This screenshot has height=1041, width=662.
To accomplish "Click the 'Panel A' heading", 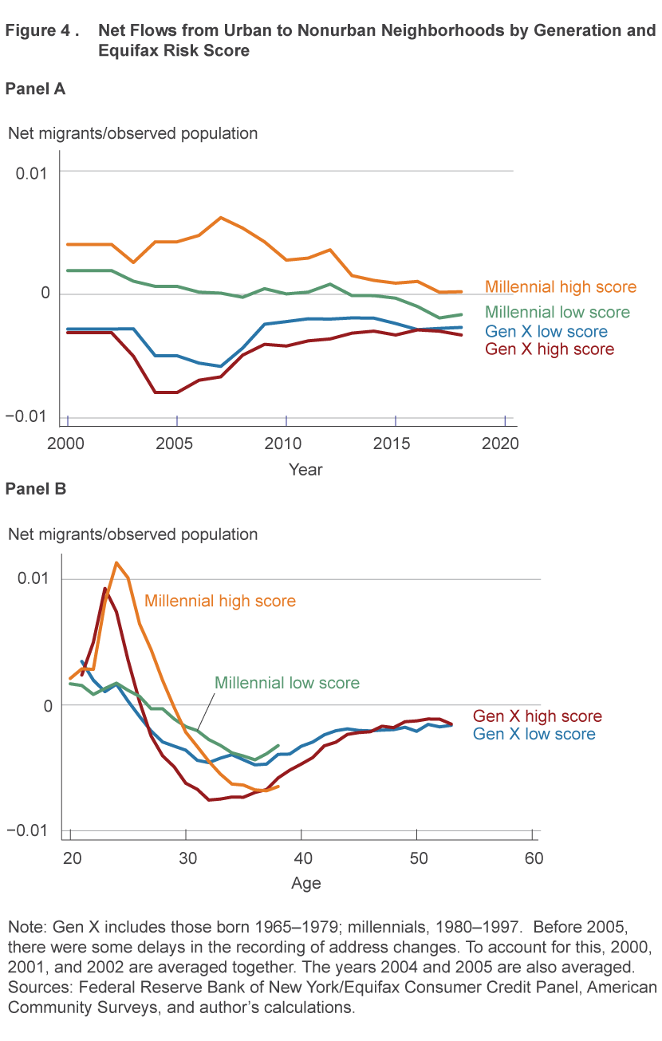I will (35, 89).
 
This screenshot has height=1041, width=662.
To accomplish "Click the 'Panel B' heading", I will (35, 488).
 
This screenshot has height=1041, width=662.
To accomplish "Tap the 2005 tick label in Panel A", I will (177, 443).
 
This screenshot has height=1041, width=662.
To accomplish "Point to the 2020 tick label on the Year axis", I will (503, 443).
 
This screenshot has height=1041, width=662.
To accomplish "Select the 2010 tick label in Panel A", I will (286, 443).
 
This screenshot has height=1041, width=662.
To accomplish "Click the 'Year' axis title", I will (305, 469).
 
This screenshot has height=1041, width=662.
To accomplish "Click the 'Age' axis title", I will (305, 883).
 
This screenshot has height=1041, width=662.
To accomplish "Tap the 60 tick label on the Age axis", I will (533, 858).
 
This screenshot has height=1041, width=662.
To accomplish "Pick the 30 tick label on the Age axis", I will (186, 858).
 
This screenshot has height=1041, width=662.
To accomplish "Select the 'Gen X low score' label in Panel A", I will (546, 332).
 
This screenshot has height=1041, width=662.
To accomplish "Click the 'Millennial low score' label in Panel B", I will (287, 683).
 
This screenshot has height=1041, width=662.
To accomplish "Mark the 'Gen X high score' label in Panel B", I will (538, 716).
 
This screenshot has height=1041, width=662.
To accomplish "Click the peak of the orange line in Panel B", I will (116, 562).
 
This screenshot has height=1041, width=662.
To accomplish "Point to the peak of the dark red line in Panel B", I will (104, 589).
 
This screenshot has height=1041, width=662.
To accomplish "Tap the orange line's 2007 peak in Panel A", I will (221, 217).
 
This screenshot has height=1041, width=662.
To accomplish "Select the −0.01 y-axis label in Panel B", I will (29, 830).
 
